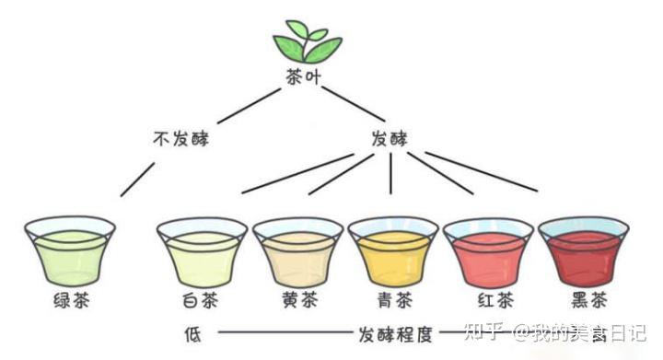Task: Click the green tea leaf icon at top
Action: click(x=307, y=41)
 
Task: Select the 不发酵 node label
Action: click(x=181, y=140)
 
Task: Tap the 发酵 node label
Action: click(x=390, y=140)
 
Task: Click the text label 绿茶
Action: click(x=70, y=302)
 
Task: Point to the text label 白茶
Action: click(x=202, y=302)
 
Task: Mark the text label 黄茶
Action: click(x=297, y=302)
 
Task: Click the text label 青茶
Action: click(x=393, y=302)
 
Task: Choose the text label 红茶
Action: click(x=488, y=302)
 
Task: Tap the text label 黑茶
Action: click(x=584, y=302)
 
